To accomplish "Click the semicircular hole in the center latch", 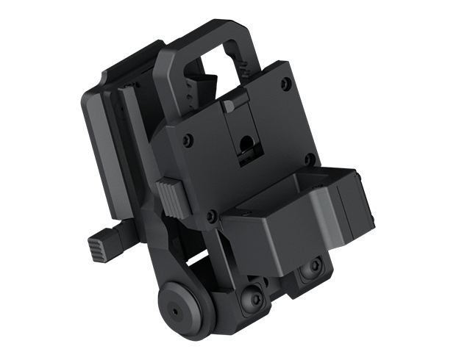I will pos(247,138).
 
